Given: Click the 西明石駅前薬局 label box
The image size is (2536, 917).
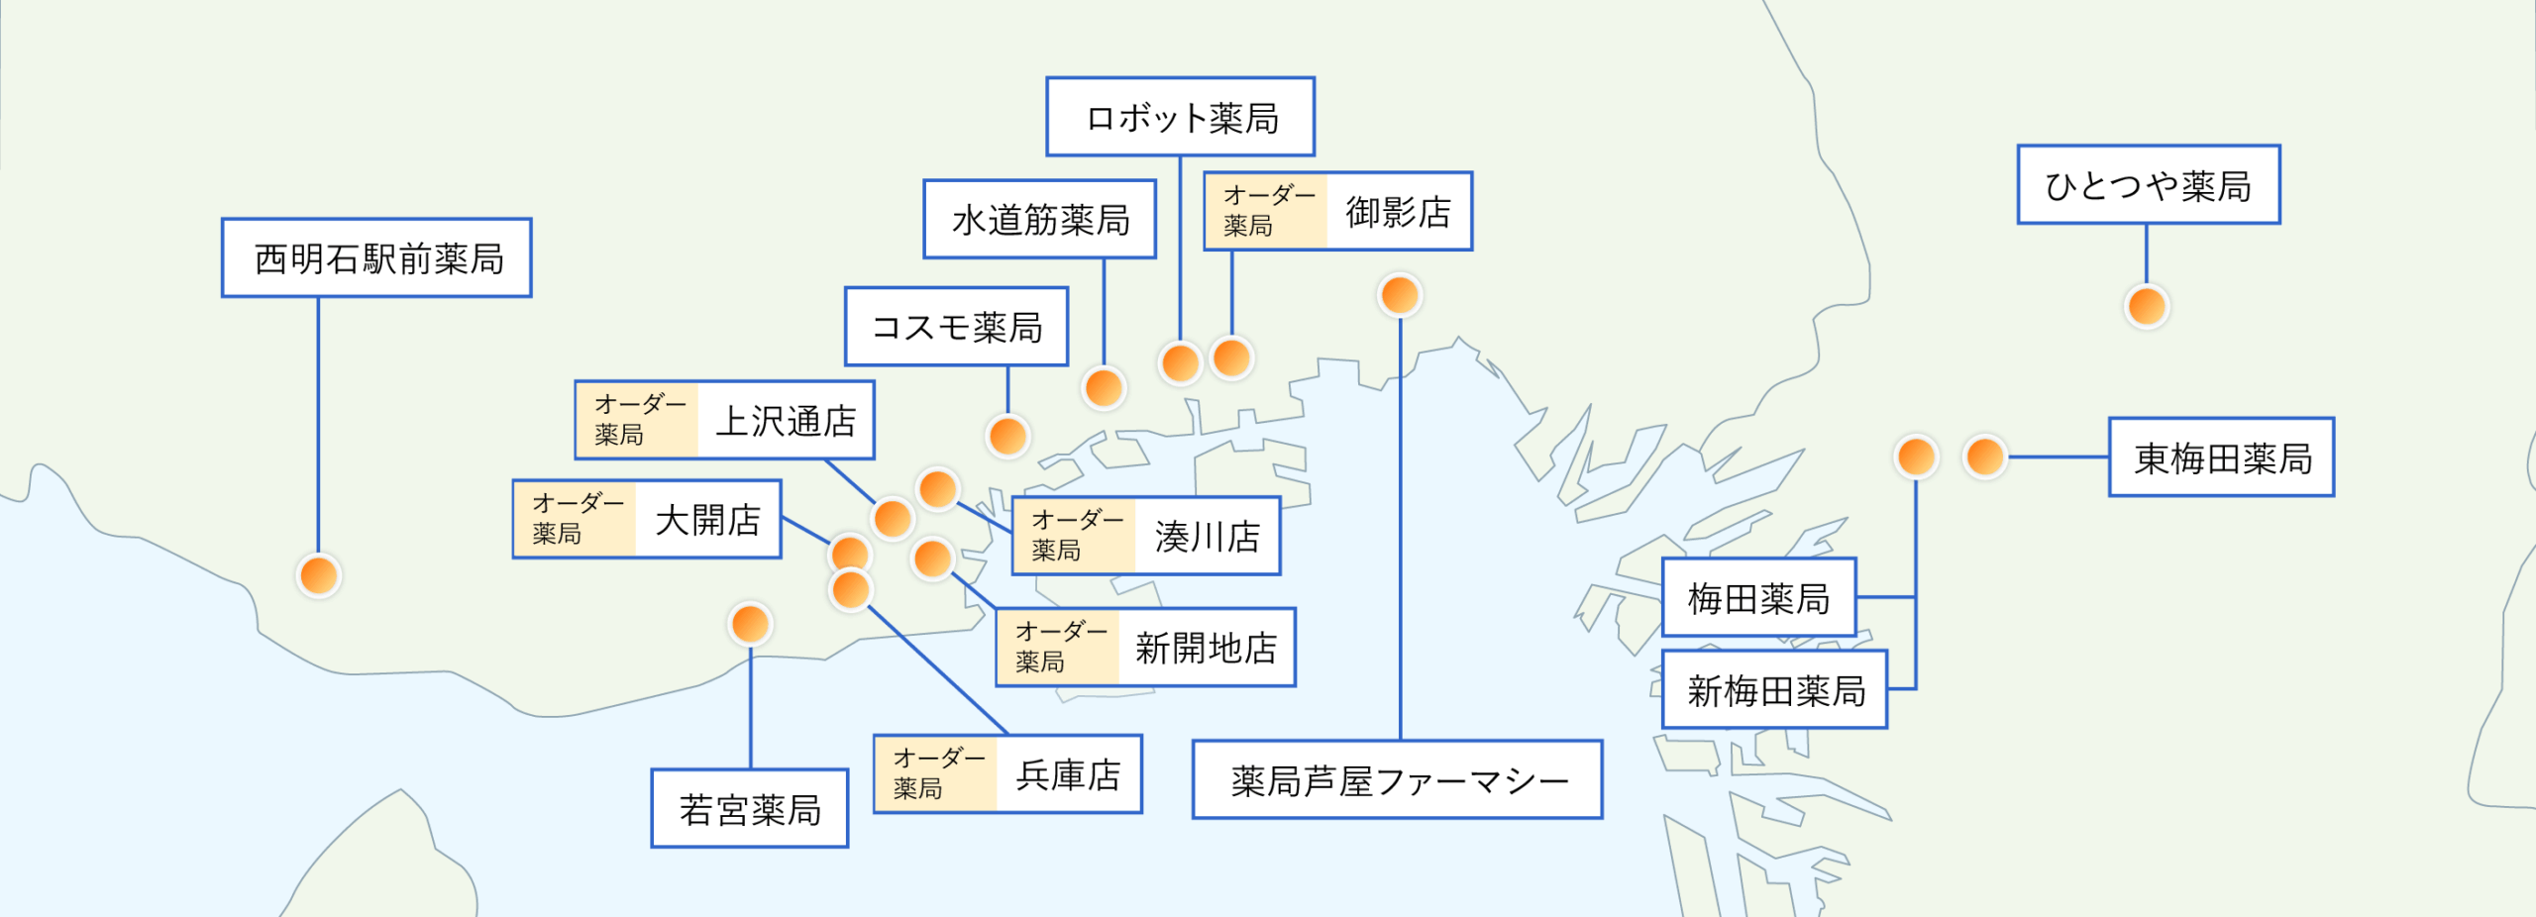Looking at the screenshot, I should [376, 258].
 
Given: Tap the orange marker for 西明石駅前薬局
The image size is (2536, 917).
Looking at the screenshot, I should [319, 575].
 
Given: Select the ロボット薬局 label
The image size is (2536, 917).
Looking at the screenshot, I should [1181, 118].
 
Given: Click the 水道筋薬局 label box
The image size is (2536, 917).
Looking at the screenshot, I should [1040, 220].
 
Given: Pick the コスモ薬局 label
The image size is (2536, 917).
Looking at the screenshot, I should [956, 327].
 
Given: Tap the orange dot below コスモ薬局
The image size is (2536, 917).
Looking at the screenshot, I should [1007, 436].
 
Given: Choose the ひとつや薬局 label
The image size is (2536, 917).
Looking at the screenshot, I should [2149, 185].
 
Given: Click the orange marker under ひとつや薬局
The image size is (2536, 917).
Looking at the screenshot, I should [2147, 306].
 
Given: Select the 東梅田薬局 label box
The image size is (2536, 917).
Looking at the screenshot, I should [2222, 458].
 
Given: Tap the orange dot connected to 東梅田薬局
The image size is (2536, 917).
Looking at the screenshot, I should [1985, 458].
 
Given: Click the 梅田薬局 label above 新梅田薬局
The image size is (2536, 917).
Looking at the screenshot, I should [1758, 598].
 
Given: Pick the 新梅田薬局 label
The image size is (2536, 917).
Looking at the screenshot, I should [1775, 690].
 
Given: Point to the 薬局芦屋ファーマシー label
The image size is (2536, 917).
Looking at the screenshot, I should [1398, 780].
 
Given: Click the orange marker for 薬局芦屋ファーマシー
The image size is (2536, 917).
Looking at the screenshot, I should [1400, 295].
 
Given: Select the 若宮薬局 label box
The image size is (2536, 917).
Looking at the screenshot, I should [750, 809].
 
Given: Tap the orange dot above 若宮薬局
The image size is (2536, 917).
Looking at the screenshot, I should [750, 624].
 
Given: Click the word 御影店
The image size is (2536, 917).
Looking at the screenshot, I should [1398, 212].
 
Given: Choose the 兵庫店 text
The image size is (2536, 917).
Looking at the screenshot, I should [1068, 774].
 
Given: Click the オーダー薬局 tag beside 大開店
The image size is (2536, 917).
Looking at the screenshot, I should [576, 520].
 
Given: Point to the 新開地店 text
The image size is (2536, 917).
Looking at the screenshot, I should [1206, 648].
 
